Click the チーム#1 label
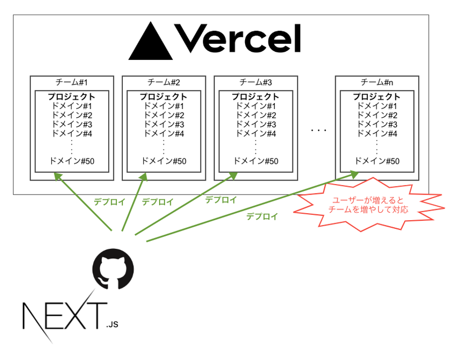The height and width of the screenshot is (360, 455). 71,82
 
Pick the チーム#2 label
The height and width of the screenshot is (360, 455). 164,82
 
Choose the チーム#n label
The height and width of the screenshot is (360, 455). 377,82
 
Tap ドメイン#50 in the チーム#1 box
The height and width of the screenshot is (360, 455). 72,161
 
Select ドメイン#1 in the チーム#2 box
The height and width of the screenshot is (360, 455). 164,106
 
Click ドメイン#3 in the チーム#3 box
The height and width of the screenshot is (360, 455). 256,124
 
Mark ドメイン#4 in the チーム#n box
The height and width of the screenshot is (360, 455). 377,133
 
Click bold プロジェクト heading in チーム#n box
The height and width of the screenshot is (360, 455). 377,97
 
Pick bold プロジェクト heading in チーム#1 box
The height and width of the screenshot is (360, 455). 72,97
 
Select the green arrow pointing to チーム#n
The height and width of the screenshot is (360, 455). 252,207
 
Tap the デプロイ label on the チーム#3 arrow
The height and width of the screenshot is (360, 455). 221,200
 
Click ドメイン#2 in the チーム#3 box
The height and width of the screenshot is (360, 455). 256,115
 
